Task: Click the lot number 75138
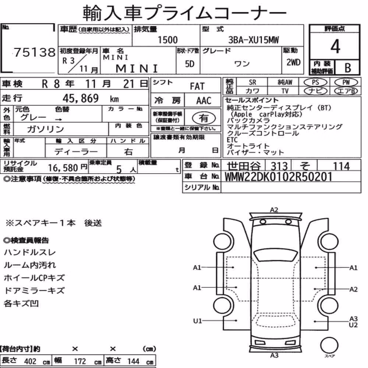35,52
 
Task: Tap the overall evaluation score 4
335,46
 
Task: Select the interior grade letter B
348,68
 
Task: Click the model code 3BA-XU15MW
254,40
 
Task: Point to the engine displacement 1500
167,40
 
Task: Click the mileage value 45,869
81,98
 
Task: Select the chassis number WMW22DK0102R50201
278,177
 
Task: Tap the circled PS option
315,82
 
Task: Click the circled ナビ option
315,91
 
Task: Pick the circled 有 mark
204,118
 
